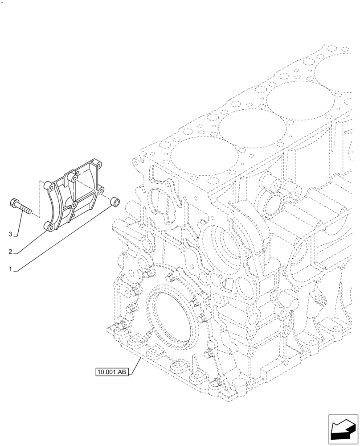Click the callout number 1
10,269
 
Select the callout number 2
10,252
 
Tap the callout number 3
10,234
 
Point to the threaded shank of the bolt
25,209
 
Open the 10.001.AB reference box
111,372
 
